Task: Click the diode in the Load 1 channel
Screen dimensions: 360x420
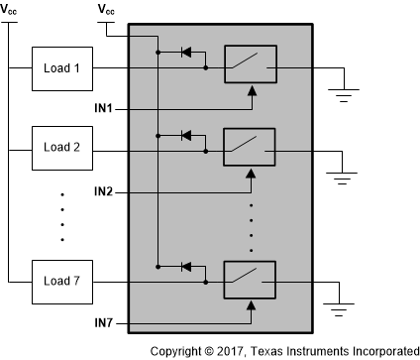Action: point(185,51)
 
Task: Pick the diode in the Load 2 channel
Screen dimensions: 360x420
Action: point(185,134)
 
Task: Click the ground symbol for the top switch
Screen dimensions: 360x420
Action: point(343,96)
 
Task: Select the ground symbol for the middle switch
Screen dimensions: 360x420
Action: point(343,180)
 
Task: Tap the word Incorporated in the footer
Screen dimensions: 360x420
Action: point(379,351)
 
